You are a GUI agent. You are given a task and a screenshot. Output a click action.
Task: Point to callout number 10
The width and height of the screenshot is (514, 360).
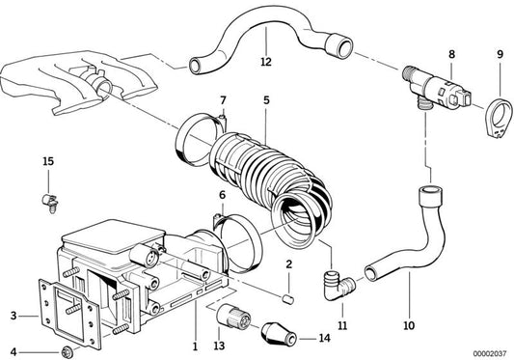[x=408, y=326]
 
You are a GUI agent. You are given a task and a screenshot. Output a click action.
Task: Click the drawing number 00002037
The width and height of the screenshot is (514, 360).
[x=487, y=352]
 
